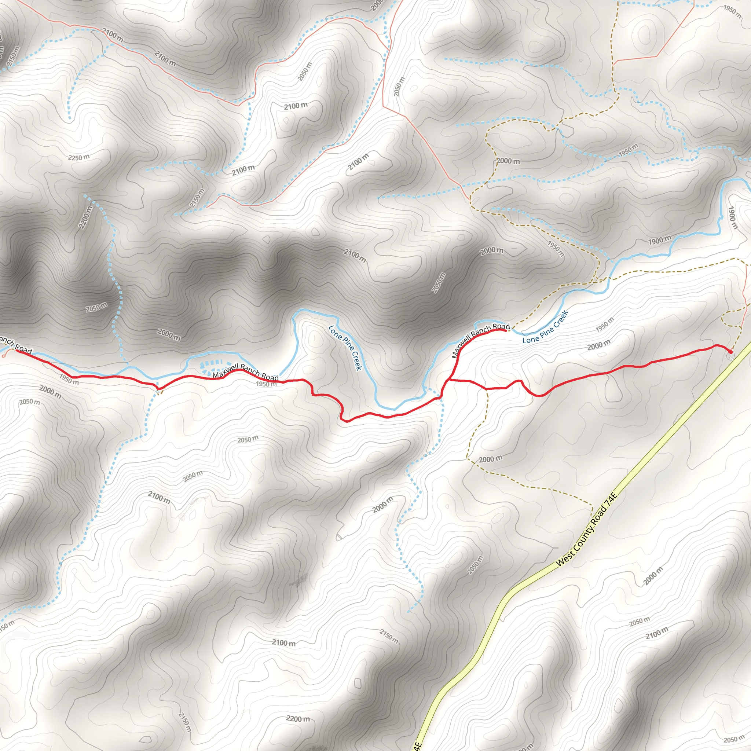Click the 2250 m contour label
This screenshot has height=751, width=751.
coord(78,157)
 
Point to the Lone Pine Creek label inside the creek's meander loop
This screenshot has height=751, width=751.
coord(345,348)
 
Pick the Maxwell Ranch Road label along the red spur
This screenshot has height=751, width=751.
coord(480,339)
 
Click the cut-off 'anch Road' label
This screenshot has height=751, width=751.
coord(15,345)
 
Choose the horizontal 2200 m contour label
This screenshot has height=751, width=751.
coord(298,719)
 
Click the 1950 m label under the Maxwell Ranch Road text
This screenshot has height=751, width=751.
coord(266,384)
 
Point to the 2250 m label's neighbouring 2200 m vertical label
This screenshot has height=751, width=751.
coord(86,217)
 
